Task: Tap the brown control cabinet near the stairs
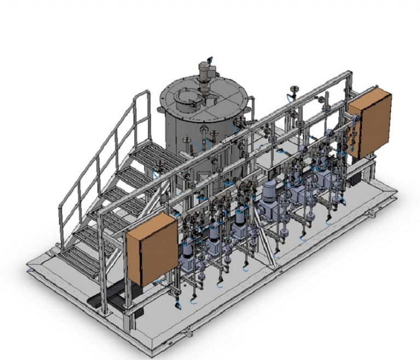pos(151,249)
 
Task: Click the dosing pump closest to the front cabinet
pos(186,257)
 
